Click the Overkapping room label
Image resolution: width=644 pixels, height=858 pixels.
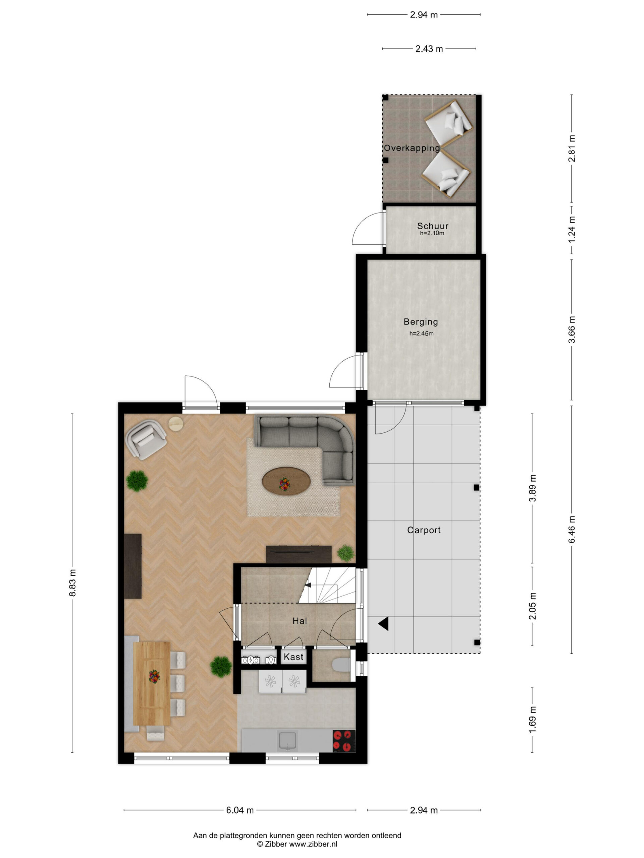click(412, 148)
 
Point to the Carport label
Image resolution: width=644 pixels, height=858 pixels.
click(424, 530)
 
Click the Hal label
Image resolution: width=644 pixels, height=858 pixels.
click(300, 621)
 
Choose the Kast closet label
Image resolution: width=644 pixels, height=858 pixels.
click(293, 657)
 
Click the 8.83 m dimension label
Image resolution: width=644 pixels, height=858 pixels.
click(72, 583)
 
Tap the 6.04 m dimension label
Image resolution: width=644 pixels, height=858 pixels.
click(240, 810)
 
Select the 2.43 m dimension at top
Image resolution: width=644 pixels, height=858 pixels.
click(429, 49)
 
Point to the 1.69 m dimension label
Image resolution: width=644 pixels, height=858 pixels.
click(533, 720)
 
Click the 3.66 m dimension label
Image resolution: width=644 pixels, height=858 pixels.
click(572, 330)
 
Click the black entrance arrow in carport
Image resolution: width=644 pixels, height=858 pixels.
click(383, 624)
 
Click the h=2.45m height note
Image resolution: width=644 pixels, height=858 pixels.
click(421, 333)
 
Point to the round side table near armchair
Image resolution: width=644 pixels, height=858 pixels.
click(176, 424)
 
